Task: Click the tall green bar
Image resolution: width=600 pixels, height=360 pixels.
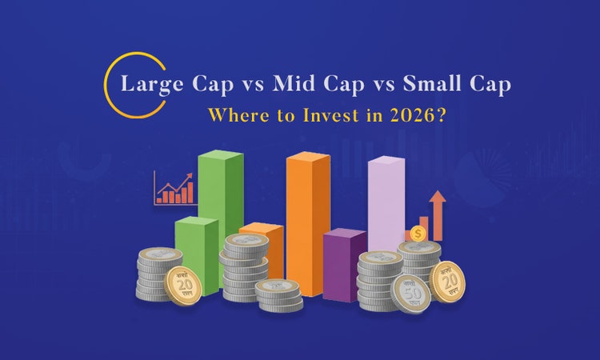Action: point(221,200)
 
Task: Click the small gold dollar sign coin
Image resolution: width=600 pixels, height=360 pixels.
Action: point(417,234)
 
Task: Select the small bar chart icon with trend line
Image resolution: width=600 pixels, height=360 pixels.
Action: point(174,188)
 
